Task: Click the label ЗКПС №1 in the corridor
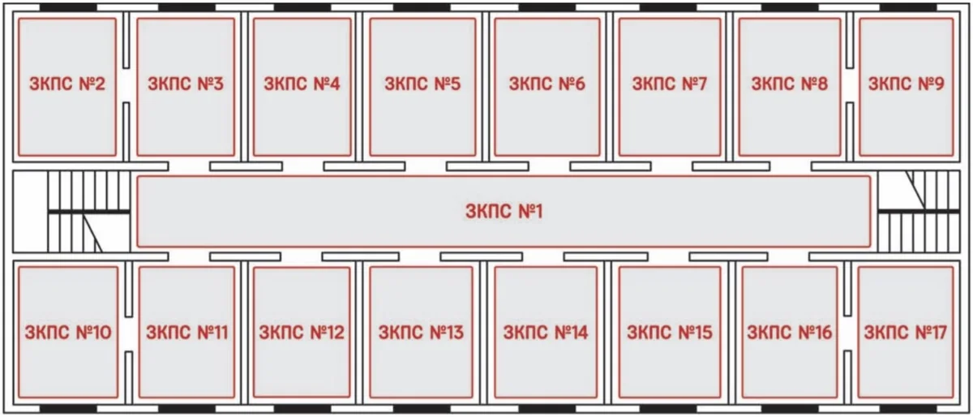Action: (504, 212)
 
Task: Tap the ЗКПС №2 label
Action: (67, 84)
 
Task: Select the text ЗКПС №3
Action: (186, 84)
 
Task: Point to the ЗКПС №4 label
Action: (302, 84)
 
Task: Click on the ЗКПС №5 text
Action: (422, 84)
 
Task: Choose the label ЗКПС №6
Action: (547, 84)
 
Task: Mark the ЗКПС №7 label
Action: (670, 84)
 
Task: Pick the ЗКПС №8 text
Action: (790, 84)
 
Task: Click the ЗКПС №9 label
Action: (907, 84)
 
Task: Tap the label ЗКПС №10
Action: (68, 333)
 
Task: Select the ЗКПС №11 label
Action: (186, 333)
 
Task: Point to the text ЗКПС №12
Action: (302, 333)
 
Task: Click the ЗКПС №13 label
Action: (421, 333)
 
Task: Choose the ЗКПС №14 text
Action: (546, 333)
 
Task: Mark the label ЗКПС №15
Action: (670, 333)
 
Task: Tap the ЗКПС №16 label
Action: (789, 333)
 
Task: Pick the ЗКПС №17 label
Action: (905, 333)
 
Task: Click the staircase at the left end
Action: (88, 212)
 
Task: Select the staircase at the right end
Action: (919, 212)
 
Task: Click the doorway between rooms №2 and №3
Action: (126, 85)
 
